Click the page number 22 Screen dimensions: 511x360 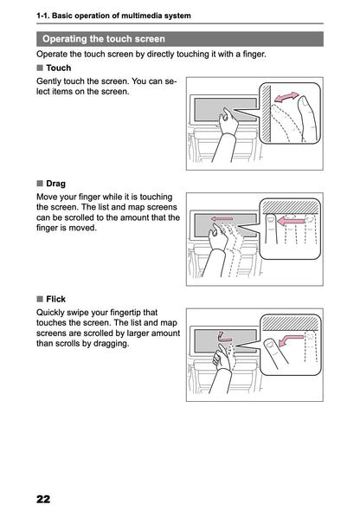pyautogui.click(x=43, y=499)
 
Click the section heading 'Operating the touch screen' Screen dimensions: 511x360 pyautogui.click(x=103, y=39)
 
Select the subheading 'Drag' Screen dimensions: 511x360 pyautogui.click(x=56, y=184)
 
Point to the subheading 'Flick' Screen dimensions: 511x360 pyautogui.click(x=55, y=299)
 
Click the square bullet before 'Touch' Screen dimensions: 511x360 pyautogui.click(x=40, y=68)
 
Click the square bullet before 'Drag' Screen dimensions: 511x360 pyautogui.click(x=40, y=184)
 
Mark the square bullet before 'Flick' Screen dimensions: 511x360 pyautogui.click(x=40, y=299)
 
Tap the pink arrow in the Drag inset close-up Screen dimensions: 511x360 pyautogui.click(x=295, y=222)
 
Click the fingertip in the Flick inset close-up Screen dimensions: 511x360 pyautogui.click(x=271, y=346)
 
